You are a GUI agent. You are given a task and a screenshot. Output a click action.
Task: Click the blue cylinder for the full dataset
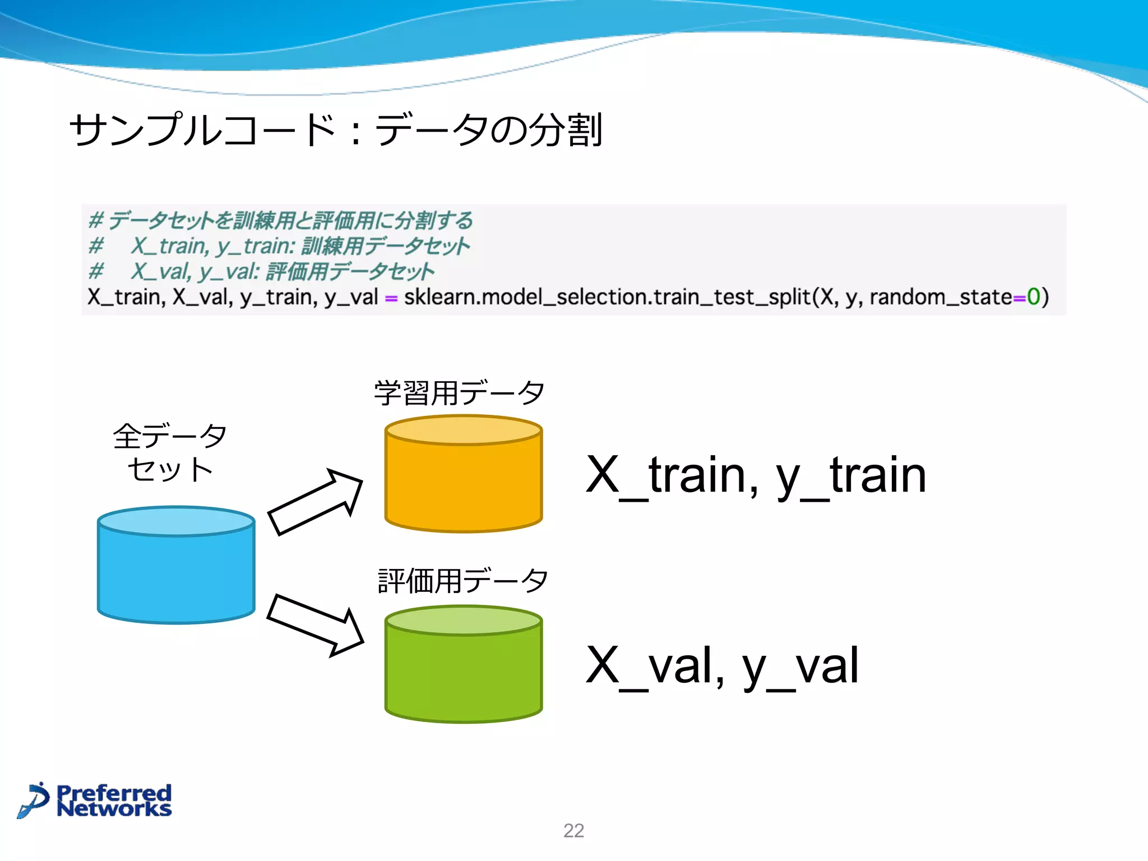click(x=176, y=566)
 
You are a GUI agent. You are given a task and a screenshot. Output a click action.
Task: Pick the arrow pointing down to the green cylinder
click(x=316, y=624)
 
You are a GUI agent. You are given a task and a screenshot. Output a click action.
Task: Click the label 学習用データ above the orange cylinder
click(x=459, y=393)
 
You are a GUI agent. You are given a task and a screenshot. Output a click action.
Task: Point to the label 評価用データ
click(x=462, y=581)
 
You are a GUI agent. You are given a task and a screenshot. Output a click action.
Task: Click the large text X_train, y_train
click(x=756, y=476)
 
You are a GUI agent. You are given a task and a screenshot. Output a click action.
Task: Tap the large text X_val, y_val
click(x=722, y=666)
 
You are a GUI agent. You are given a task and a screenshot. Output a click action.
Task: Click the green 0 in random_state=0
click(x=1033, y=297)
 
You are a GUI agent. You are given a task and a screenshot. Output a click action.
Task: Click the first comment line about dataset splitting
click(x=280, y=220)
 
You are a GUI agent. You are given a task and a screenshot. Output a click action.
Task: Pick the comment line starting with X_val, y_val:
click(x=280, y=272)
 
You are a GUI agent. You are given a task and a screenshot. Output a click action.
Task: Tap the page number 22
click(x=573, y=830)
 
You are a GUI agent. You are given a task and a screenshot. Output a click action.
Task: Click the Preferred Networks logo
click(x=95, y=800)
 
